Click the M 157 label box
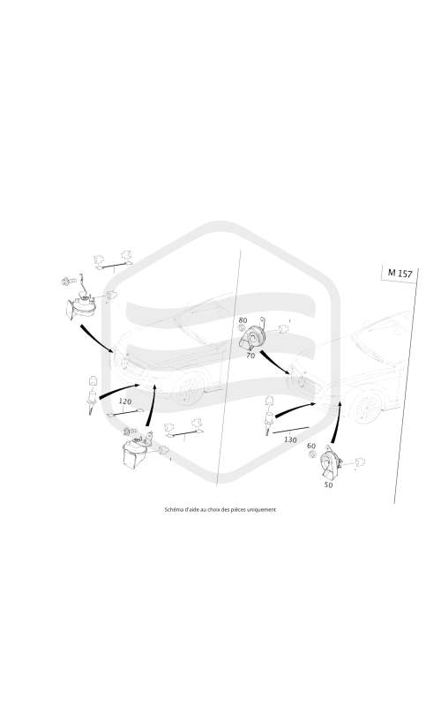[x=400, y=273]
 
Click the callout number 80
[x=243, y=320]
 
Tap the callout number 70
[x=250, y=356]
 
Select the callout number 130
[x=290, y=439]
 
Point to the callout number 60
[x=311, y=446]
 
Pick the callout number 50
[x=328, y=485]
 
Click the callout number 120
[x=125, y=401]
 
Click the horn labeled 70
[x=254, y=337]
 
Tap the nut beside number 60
[x=311, y=455]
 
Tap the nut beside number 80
[x=243, y=329]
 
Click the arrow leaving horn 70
[x=275, y=363]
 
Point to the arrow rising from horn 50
[x=335, y=423]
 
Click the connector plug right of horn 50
[x=360, y=462]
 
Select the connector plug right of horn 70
[x=283, y=328]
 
